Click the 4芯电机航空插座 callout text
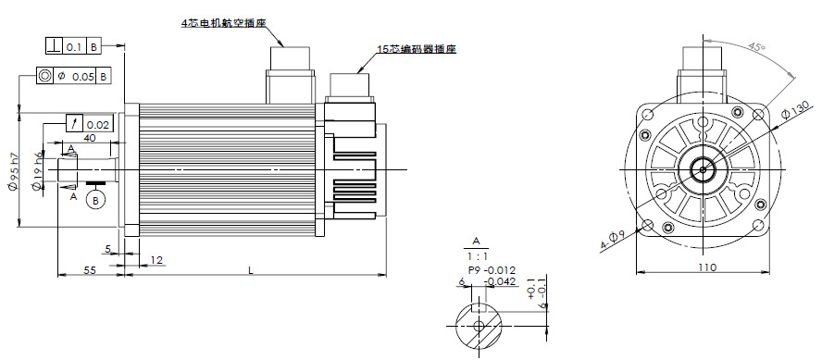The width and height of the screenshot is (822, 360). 224,23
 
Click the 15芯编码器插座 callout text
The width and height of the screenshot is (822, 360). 417,50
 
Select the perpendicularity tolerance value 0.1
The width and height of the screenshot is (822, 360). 74,46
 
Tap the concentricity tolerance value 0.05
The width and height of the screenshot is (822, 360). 82,77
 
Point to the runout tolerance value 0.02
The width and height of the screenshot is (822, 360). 98,125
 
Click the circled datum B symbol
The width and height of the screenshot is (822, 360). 95,200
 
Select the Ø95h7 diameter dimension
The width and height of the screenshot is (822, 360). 15,171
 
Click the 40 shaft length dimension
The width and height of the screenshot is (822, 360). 90,138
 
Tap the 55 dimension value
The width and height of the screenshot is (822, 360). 90,270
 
